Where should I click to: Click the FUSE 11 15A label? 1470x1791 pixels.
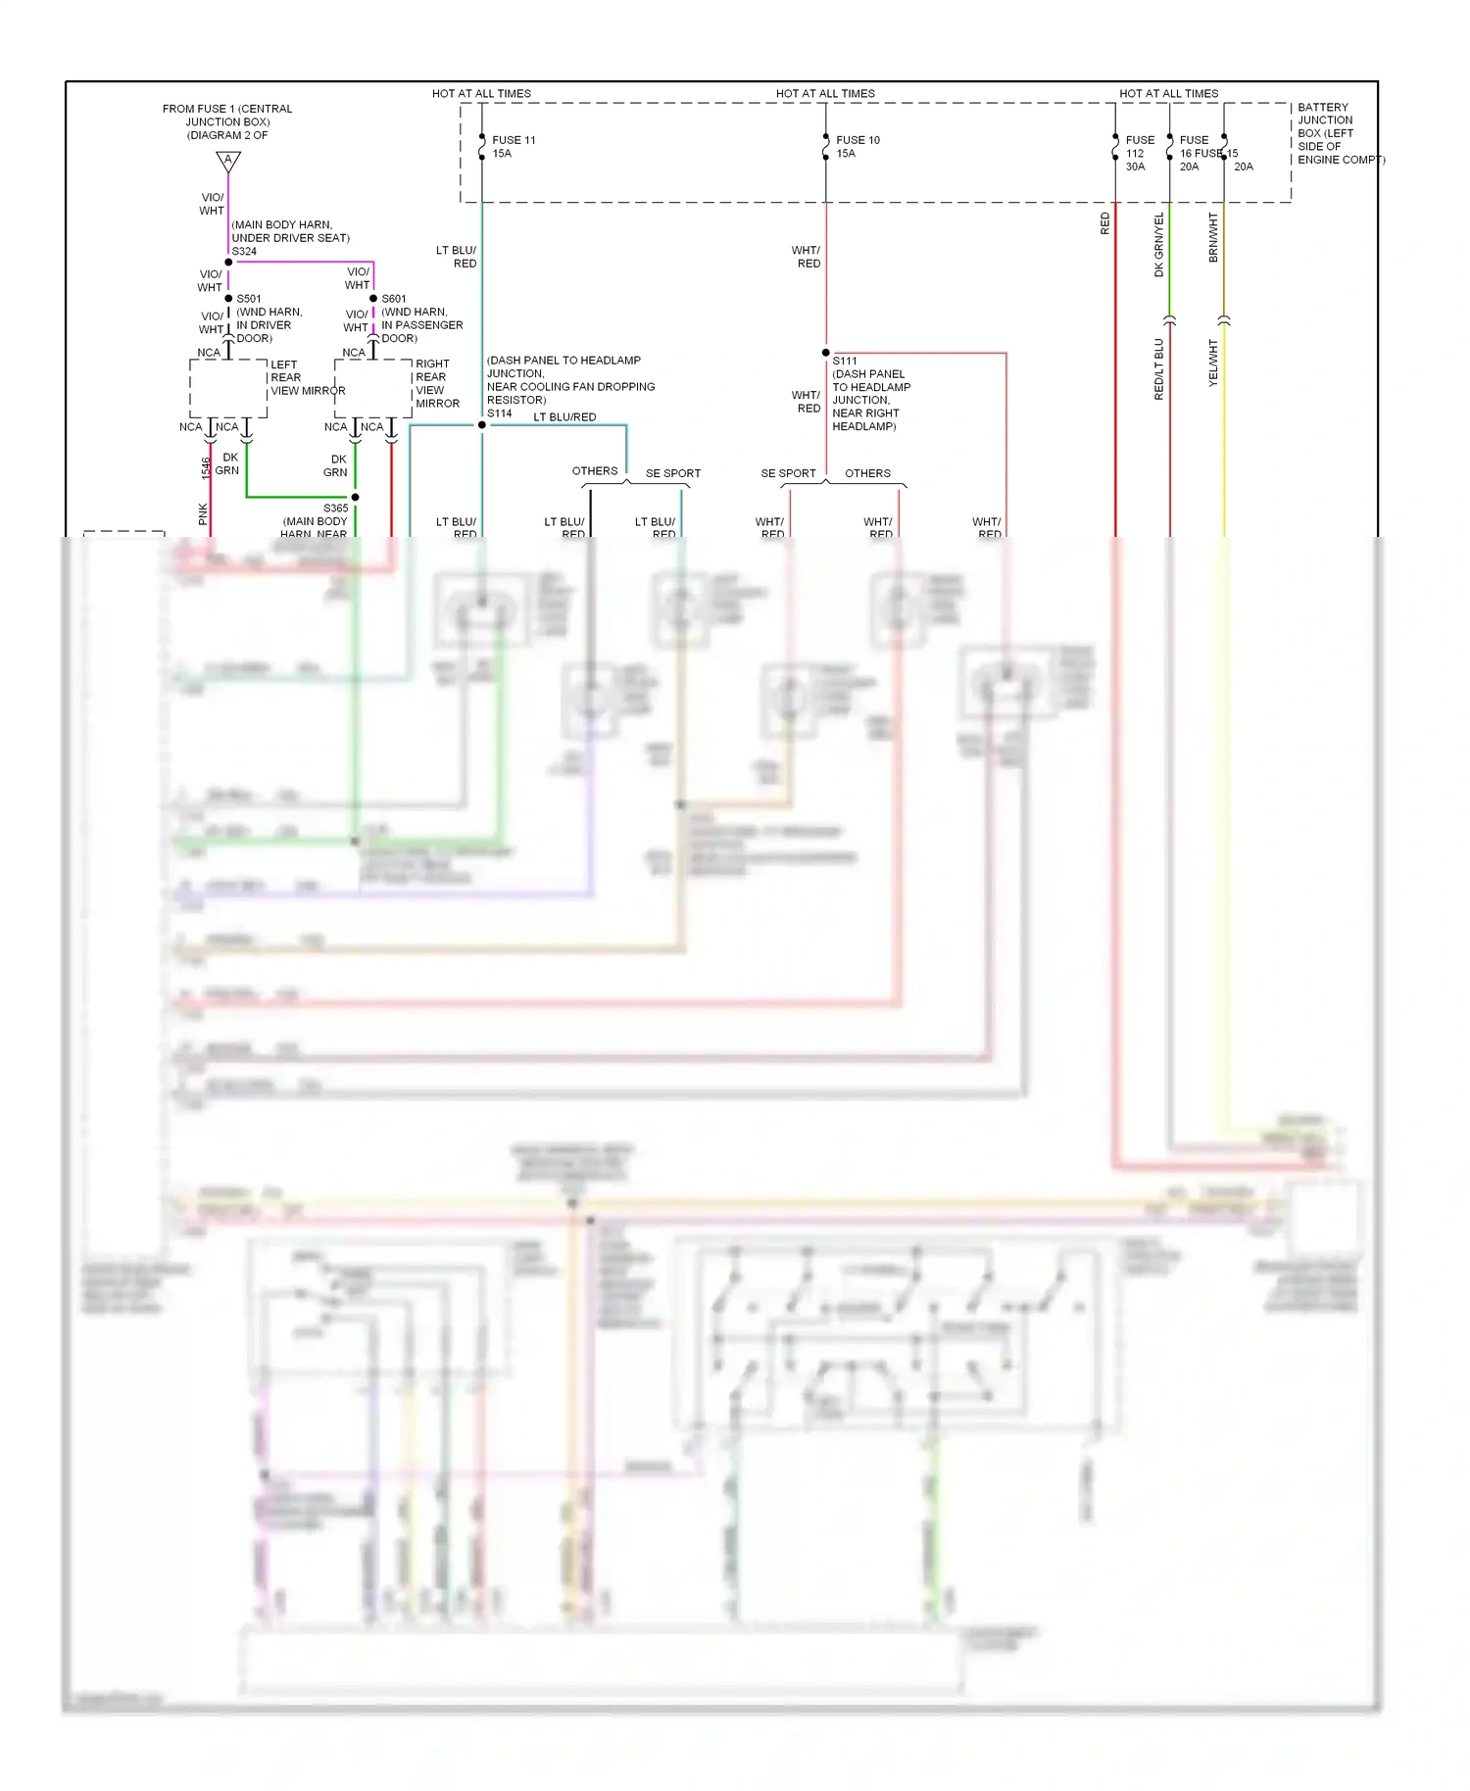click(514, 147)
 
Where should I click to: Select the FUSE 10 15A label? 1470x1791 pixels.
click(857, 147)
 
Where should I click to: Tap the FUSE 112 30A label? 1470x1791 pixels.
click(1140, 153)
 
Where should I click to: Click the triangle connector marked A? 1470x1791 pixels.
click(228, 161)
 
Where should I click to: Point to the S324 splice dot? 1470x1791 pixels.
click(228, 263)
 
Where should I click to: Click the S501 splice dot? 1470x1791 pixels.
click(228, 299)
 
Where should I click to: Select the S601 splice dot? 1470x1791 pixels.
click(373, 299)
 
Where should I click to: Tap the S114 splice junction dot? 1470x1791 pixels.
click(482, 425)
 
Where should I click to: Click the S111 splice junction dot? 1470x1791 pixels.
click(826, 353)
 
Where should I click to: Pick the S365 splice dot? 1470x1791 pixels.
click(355, 498)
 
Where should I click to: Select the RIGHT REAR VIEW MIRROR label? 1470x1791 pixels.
click(436, 383)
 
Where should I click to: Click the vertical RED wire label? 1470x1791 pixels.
click(1105, 223)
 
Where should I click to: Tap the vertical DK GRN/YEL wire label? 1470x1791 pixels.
click(1159, 245)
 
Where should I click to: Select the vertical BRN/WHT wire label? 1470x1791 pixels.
click(1213, 237)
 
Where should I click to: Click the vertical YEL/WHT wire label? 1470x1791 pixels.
click(1213, 363)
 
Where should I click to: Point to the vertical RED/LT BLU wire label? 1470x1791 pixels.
click(1159, 369)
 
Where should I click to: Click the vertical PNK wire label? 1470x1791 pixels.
click(203, 513)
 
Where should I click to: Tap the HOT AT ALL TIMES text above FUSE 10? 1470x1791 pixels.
click(825, 94)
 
